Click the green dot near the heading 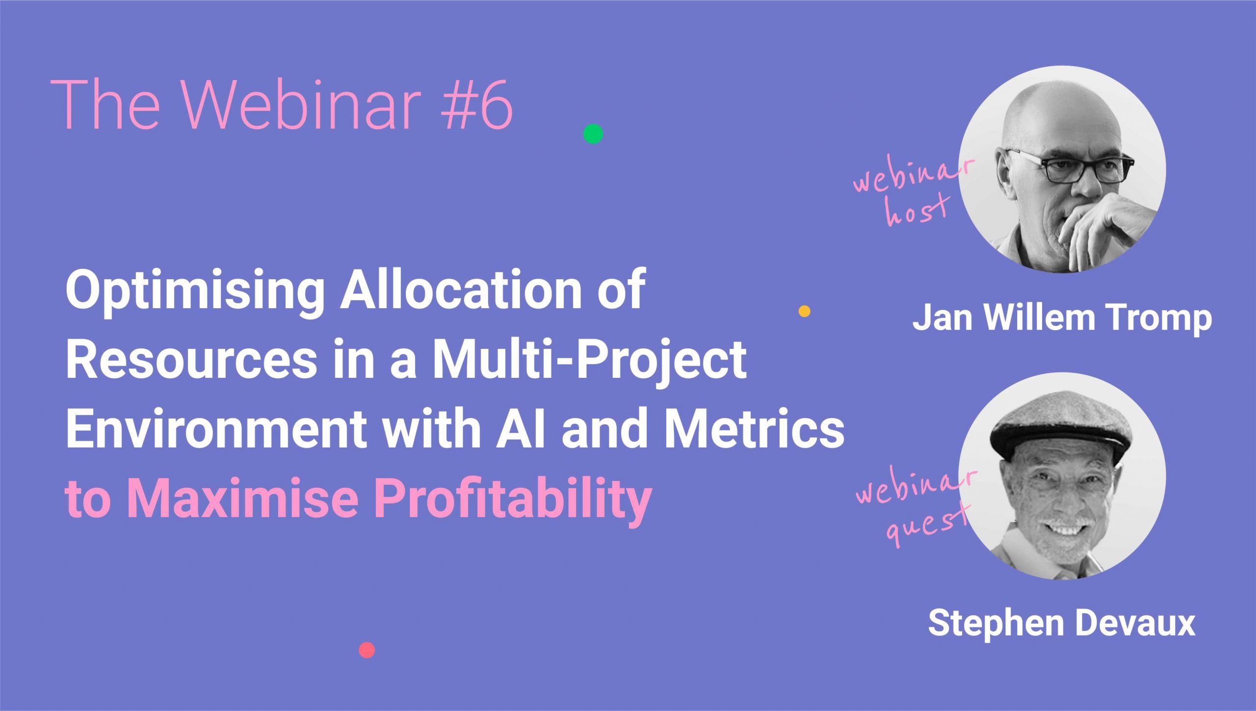click(593, 133)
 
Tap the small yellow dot click(805, 311)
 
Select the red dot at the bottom click(367, 650)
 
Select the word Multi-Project click(589, 361)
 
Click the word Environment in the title click(216, 429)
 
